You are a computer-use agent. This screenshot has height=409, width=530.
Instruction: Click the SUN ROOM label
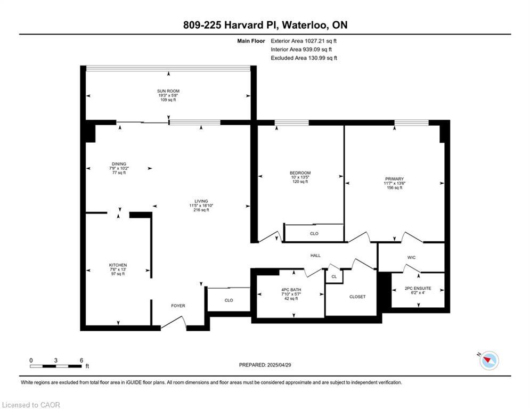[168, 91]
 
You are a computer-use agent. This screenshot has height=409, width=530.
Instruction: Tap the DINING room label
[119, 164]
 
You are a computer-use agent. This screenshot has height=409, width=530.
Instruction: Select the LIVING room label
[201, 201]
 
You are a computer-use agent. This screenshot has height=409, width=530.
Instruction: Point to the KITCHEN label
[118, 265]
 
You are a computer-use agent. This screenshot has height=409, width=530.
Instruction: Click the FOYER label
[178, 306]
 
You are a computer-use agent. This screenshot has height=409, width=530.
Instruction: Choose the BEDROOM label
[300, 173]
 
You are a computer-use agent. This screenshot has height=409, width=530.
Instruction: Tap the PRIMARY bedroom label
[394, 179]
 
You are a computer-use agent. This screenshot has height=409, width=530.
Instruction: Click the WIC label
[411, 258]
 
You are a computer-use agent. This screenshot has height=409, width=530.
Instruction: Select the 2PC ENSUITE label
[418, 288]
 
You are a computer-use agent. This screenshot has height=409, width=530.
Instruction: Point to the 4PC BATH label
[291, 290]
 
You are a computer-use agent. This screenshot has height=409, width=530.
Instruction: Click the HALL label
[315, 256]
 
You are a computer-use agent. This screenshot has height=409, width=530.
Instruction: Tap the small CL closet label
[334, 276]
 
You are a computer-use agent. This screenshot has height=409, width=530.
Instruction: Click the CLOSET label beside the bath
[357, 297]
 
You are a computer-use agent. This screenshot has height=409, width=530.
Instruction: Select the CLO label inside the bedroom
[314, 233]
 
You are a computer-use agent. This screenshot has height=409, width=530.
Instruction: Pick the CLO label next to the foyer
[229, 300]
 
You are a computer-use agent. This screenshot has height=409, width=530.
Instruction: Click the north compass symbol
[488, 361]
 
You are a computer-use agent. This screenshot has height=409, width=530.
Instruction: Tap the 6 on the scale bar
[81, 361]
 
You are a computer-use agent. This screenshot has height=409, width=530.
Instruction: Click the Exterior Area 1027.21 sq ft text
[304, 40]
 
